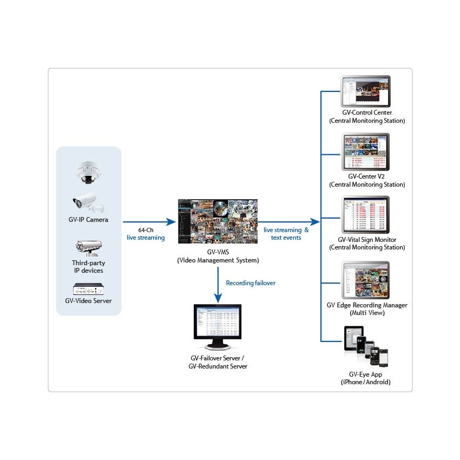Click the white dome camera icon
(x=87, y=172)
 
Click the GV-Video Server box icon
(x=88, y=287)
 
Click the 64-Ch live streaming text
(x=146, y=234)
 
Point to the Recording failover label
(x=250, y=283)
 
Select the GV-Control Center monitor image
(x=366, y=91)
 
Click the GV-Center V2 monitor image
(x=366, y=152)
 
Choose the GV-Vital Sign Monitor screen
(x=366, y=215)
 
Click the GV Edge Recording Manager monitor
(x=366, y=280)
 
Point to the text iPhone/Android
(x=365, y=382)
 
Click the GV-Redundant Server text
(x=218, y=366)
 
